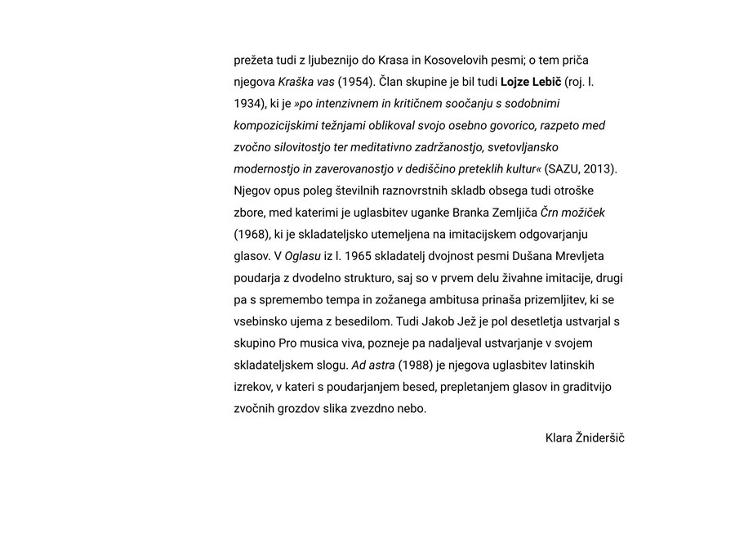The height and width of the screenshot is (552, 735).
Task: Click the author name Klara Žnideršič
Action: click(x=585, y=438)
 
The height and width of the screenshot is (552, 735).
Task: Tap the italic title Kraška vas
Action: click(x=306, y=82)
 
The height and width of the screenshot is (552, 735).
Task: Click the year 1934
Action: click(x=248, y=104)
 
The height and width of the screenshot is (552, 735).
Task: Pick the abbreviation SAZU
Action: click(x=565, y=169)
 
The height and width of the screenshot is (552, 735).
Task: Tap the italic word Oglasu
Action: click(x=302, y=256)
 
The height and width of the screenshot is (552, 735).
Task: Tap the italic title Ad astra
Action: click(x=372, y=365)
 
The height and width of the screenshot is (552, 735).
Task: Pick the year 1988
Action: click(x=415, y=365)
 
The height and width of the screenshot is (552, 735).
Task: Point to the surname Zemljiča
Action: click(x=512, y=213)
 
